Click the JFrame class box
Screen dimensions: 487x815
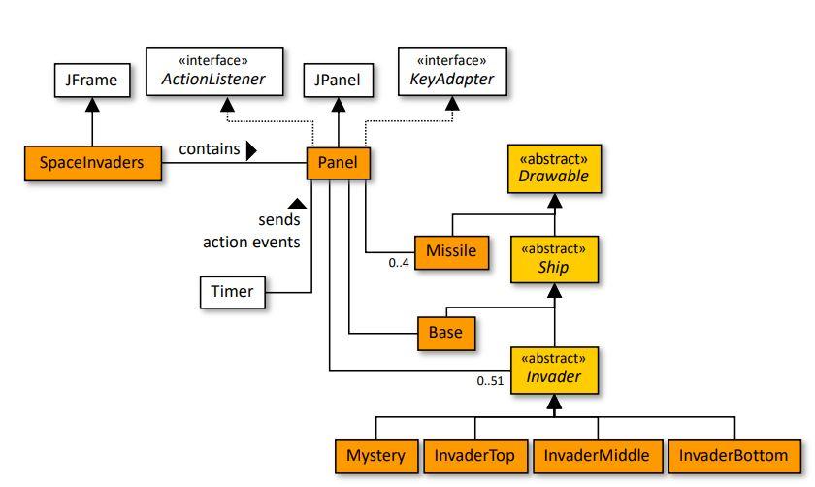91,81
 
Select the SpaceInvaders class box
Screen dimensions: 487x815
92,163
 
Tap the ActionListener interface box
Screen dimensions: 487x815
214,71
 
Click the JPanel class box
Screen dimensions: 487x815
337,81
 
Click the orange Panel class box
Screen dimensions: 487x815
338,163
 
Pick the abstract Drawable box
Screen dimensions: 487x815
553,169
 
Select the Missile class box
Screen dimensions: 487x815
451,251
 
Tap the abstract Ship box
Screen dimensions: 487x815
553,257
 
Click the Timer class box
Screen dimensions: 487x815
232,292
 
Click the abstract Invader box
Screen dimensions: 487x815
553,368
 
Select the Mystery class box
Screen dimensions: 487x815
375,456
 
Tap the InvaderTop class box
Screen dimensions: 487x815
475,456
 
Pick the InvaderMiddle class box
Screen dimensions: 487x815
597,456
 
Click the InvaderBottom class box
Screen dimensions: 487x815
734,456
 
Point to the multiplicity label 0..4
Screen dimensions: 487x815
399,264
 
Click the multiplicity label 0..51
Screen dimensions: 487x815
491,381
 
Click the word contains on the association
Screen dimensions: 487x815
209,149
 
